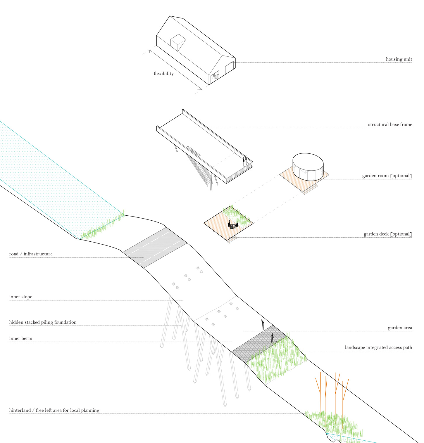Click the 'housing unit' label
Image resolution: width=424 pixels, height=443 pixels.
click(399, 59)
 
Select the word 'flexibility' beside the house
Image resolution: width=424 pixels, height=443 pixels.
click(163, 74)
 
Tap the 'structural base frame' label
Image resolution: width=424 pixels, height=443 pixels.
click(390, 125)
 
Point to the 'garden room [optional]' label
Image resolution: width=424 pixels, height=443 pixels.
click(387, 176)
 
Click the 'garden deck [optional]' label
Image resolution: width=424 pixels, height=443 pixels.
click(387, 234)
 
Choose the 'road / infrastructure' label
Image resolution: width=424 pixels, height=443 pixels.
click(31, 254)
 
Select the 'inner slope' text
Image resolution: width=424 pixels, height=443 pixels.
click(20, 297)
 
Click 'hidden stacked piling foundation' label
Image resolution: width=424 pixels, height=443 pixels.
click(43, 322)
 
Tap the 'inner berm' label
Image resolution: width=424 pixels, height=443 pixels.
click(20, 339)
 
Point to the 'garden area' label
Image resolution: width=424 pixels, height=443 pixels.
click(400, 328)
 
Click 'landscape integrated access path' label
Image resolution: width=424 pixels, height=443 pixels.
click(378, 348)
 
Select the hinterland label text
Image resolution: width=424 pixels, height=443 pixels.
click(54, 411)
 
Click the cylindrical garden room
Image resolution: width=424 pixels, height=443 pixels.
click(308, 166)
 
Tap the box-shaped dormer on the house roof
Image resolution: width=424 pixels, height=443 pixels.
click(178, 42)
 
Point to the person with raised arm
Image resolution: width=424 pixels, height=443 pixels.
click(263, 325)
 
